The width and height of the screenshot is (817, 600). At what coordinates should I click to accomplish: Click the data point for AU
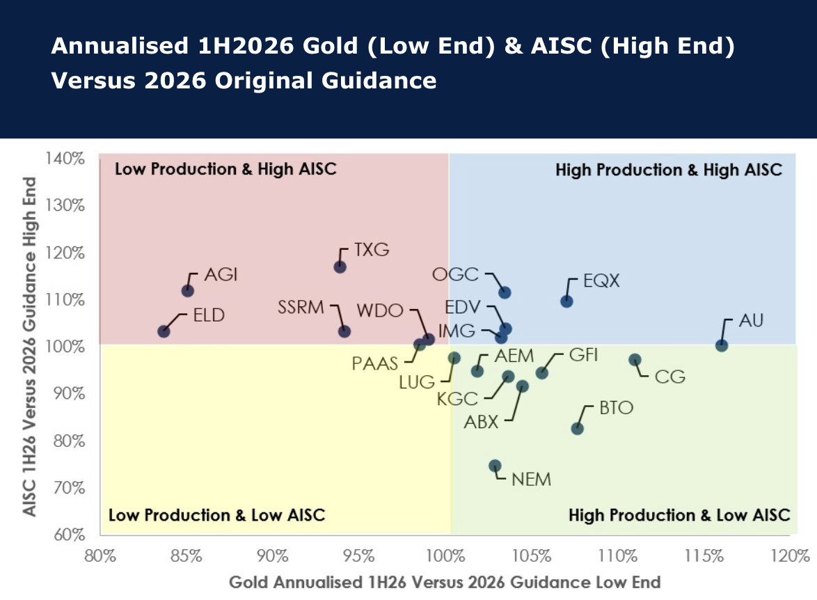pos(721,345)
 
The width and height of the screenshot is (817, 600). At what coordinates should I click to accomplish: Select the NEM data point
pos(495,466)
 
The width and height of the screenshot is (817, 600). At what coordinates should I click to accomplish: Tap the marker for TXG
pos(340,267)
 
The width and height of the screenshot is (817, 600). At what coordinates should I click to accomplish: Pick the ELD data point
pos(164,331)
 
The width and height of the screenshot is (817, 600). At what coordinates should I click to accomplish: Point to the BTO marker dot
pos(578,429)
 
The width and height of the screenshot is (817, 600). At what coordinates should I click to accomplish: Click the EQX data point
pos(566,301)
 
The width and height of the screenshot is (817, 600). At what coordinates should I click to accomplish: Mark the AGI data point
pos(188,291)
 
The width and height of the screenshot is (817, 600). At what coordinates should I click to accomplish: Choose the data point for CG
pos(635,360)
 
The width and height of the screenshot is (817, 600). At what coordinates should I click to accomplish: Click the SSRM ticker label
pos(301,307)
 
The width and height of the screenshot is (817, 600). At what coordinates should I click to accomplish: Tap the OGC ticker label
pos(455,274)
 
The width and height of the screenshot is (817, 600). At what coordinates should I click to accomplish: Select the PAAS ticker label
pos(374,363)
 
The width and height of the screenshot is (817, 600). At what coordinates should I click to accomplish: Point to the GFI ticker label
pos(583,354)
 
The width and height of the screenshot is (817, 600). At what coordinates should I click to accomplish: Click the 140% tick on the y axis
pos(65,158)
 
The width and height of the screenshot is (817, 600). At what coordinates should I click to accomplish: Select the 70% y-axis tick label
pos(69,487)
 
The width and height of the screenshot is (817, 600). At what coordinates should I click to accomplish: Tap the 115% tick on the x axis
pos(704,555)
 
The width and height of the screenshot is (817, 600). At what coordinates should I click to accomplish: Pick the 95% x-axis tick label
pos(359,555)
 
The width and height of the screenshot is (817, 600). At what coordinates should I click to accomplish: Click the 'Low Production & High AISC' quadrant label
pos(225,169)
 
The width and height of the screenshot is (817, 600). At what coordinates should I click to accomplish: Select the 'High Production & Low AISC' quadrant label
pos(679,515)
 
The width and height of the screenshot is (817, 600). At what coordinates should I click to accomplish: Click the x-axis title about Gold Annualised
pos(445,582)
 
